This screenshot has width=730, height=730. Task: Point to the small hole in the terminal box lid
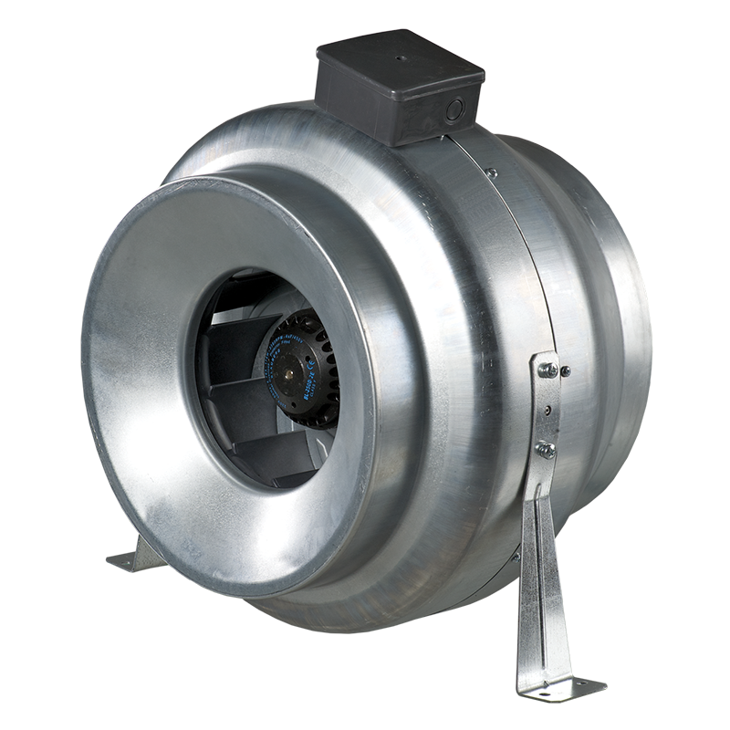[399, 56]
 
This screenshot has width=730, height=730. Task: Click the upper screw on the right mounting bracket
[549, 370]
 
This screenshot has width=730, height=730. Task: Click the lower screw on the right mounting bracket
[547, 448]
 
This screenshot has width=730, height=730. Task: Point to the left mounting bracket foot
[128, 561]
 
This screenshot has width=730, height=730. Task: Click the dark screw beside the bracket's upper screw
[567, 371]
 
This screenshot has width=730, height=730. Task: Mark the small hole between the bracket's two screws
[547, 409]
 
